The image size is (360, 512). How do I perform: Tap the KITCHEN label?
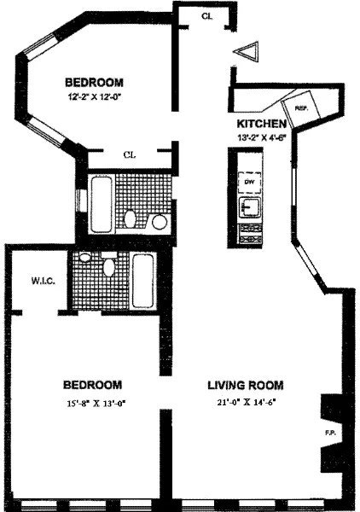(259, 122)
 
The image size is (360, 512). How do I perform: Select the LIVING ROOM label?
(248, 385)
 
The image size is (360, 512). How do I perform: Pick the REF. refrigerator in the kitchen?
(301, 108)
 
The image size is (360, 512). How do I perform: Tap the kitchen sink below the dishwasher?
(249, 207)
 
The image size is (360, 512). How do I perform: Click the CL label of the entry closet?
(206, 16)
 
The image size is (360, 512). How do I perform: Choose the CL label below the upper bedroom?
(130, 154)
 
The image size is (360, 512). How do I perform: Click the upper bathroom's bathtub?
(99, 201)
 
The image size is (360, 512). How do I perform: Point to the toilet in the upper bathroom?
(131, 219)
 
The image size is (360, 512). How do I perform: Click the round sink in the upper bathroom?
(159, 222)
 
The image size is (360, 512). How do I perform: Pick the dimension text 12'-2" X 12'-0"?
(95, 97)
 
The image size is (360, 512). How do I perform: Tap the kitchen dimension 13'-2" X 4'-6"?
(259, 135)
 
